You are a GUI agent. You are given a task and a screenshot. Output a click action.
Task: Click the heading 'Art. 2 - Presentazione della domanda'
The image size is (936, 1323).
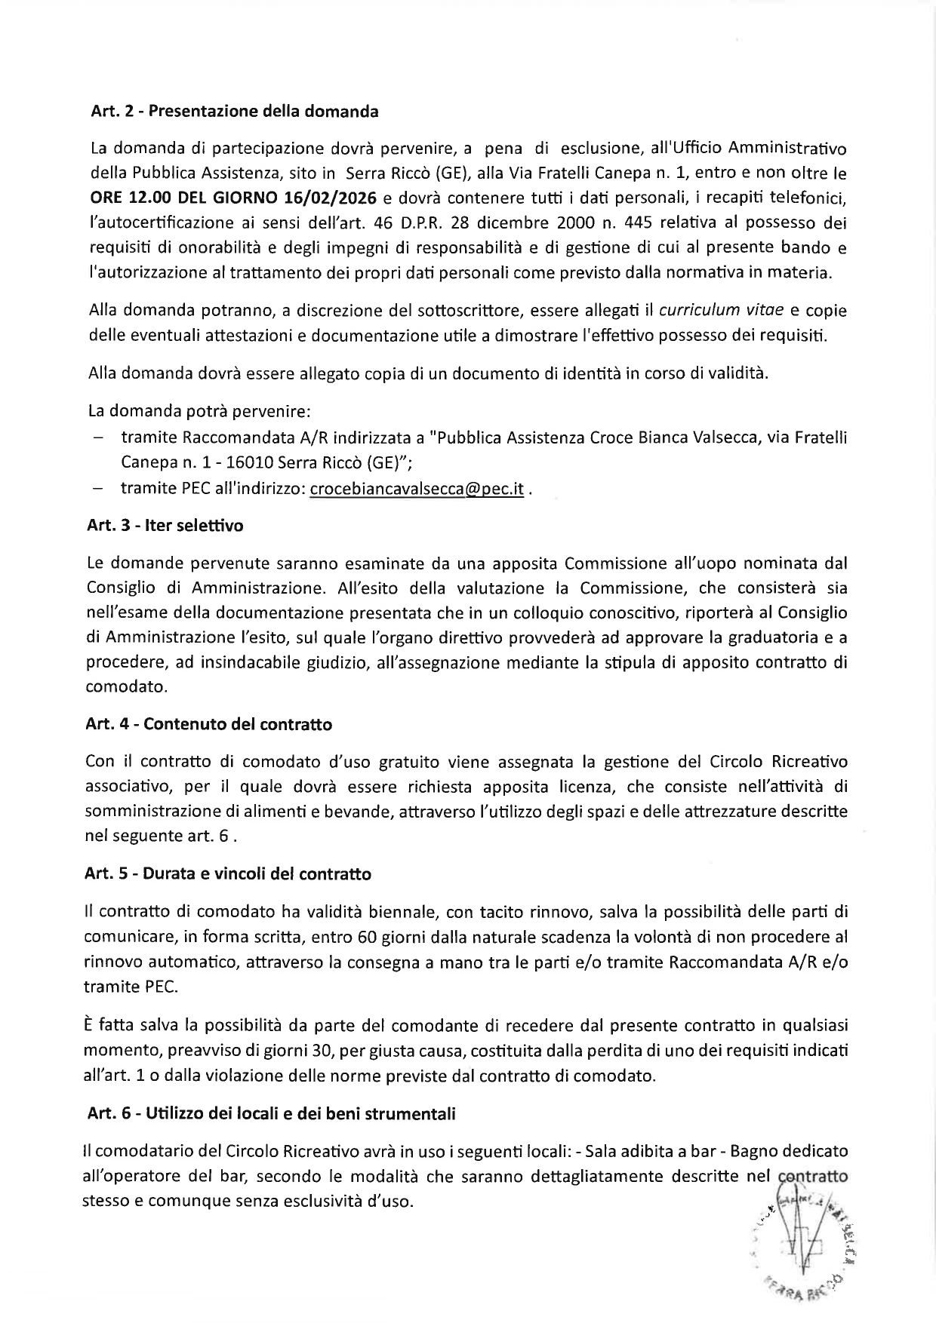click(x=234, y=112)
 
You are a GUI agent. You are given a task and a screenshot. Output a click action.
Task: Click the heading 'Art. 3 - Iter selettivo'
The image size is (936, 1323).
click(x=165, y=526)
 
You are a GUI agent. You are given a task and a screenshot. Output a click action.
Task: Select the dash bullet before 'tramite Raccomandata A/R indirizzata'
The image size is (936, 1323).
click(x=97, y=437)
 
